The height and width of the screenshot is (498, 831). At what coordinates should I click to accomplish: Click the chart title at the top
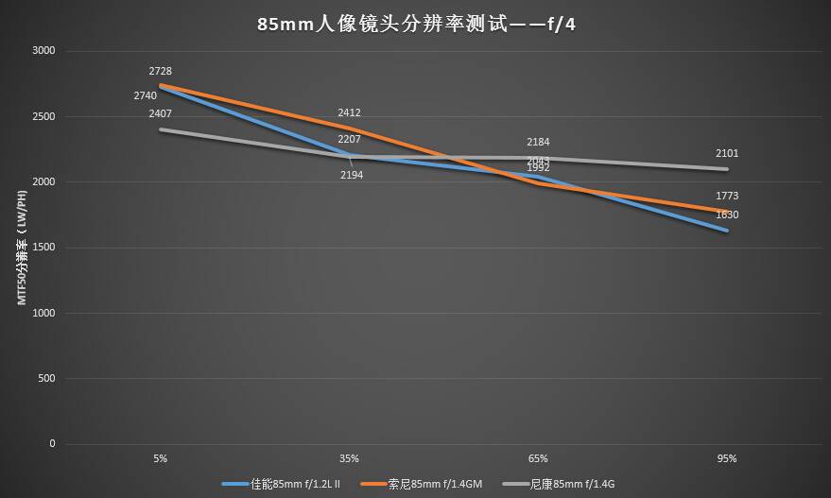tap(416, 24)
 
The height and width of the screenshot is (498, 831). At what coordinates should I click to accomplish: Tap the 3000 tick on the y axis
tap(43, 51)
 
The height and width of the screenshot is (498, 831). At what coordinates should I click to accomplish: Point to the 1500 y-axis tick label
tap(43, 248)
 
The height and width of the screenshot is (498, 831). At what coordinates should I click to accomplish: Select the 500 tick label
tap(46, 379)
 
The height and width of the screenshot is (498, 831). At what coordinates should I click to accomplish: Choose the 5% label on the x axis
tap(161, 459)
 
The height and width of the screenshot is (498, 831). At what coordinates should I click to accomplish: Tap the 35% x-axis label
tap(349, 459)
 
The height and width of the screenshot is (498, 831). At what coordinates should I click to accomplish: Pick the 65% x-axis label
tap(538, 459)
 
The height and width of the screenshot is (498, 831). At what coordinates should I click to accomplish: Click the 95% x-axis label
tap(727, 459)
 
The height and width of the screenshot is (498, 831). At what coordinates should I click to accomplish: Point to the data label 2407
tap(161, 113)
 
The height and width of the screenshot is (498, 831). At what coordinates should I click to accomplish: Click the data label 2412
tap(349, 113)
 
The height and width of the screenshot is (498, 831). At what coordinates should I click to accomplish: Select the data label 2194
tap(351, 175)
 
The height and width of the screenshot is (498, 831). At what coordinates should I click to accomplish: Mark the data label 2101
tap(727, 153)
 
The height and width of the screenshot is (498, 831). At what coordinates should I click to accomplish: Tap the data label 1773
tap(727, 197)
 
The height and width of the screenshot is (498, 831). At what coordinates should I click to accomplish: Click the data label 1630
tap(727, 215)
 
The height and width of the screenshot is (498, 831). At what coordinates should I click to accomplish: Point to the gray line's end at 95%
tap(727, 169)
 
